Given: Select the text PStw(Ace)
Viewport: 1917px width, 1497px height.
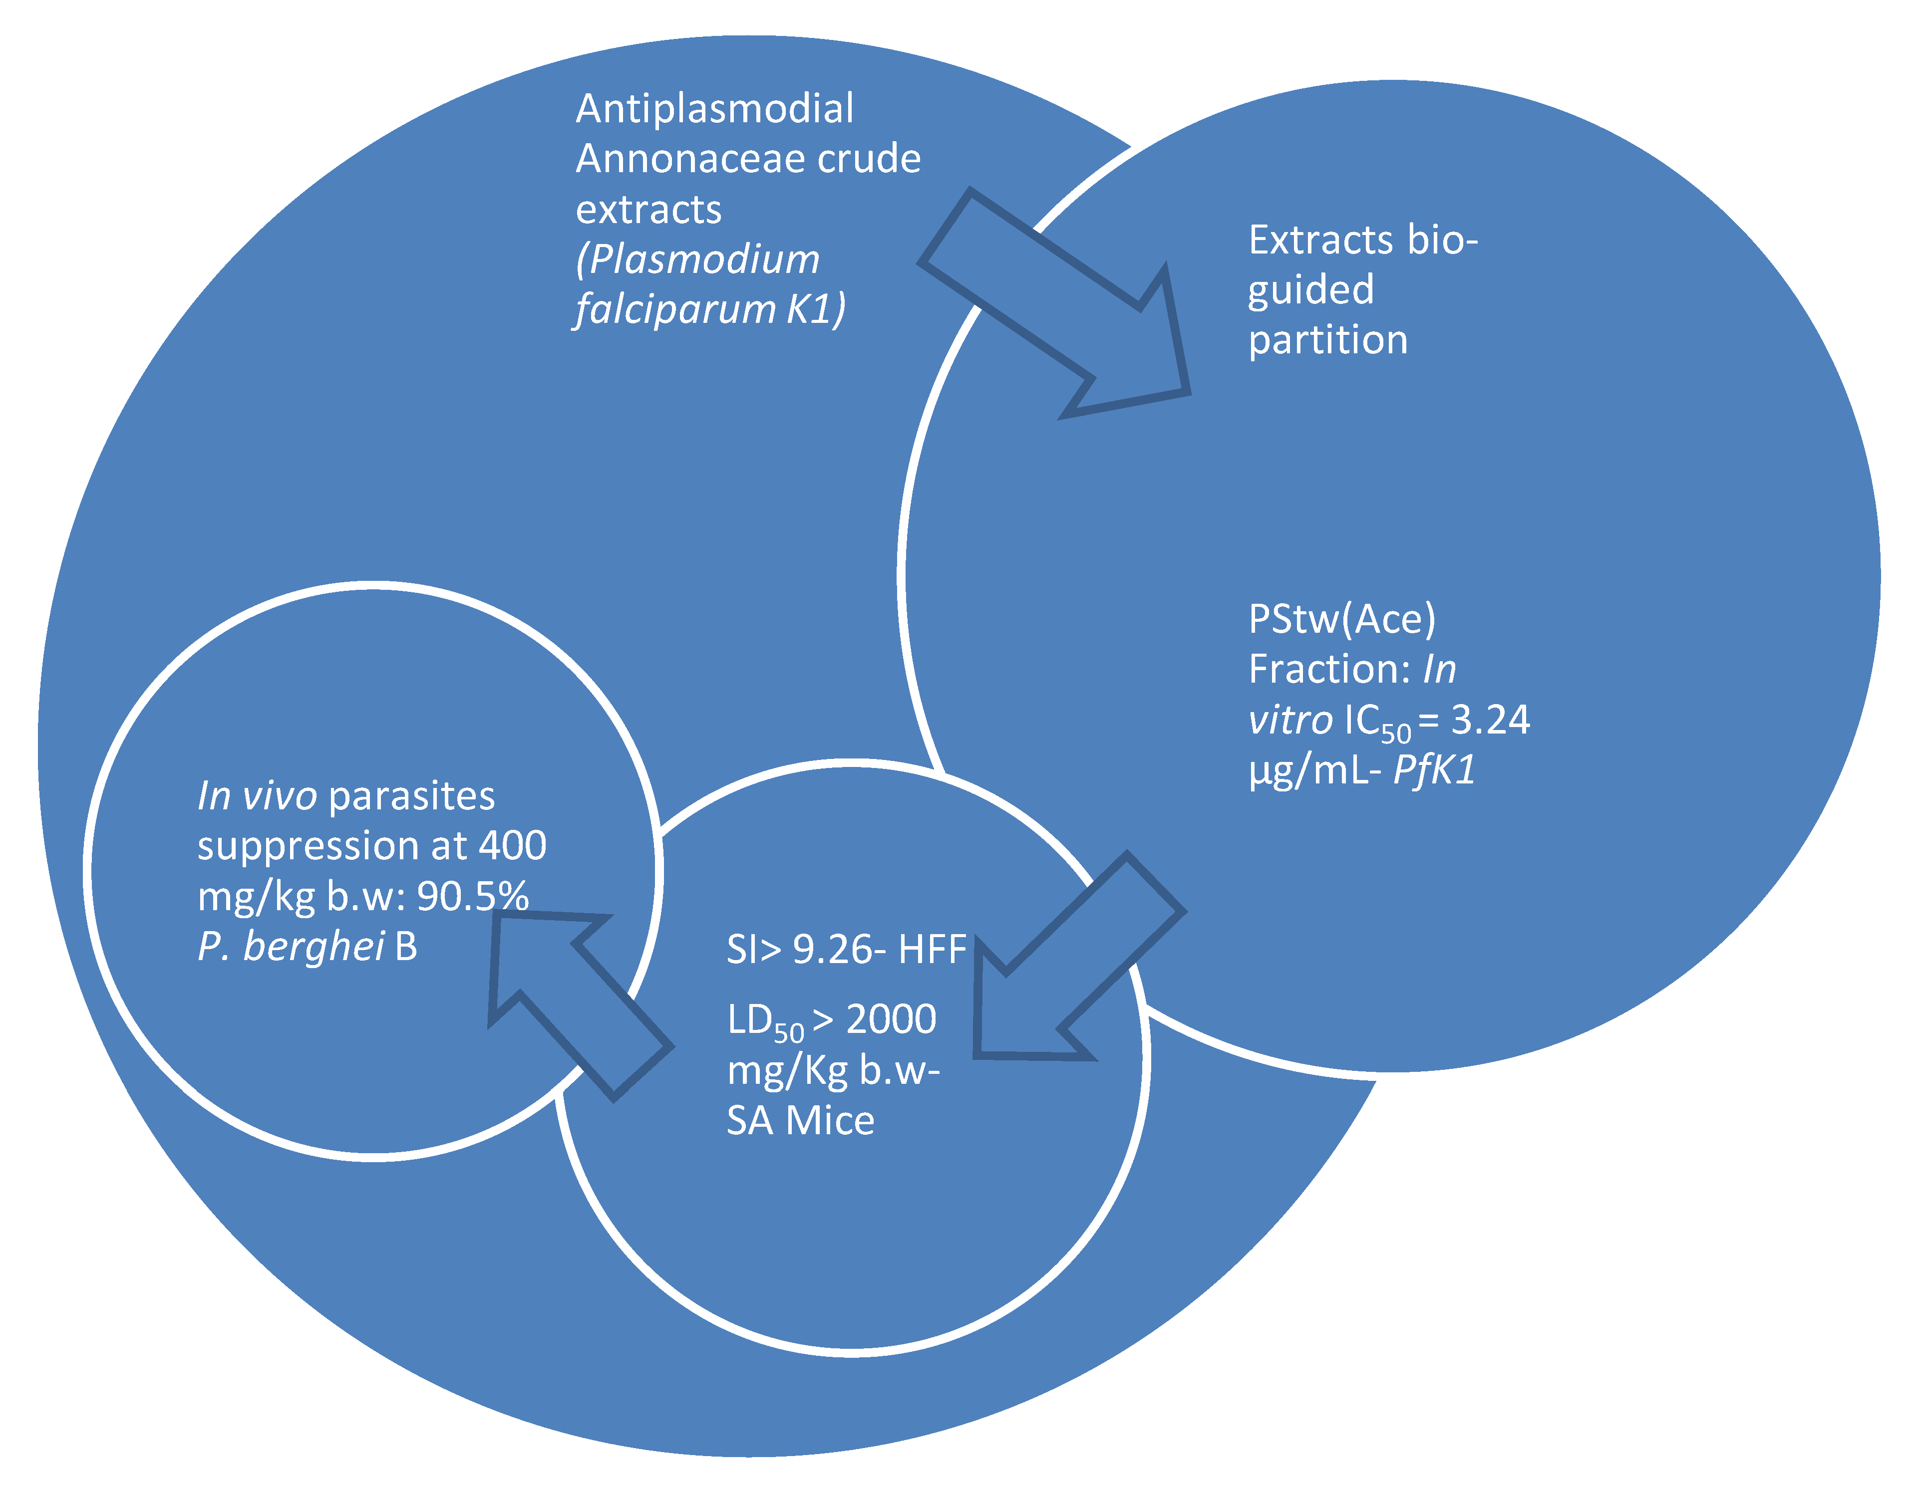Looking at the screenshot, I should pos(1342,620).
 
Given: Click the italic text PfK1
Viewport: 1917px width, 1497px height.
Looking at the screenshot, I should pos(1434,770).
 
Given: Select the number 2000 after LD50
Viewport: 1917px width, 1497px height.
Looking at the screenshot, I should pos(891,1019).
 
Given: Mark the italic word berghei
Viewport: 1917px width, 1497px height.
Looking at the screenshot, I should pos(314,946).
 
